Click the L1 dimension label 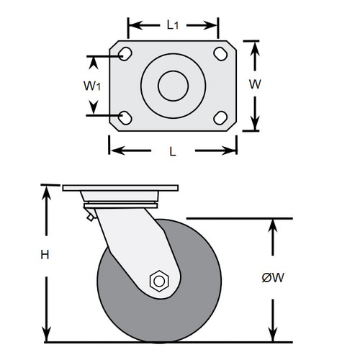coord(172,25)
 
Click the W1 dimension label coord(91,86)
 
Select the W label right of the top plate coord(254,84)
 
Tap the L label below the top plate coord(172,151)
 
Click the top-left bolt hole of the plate coord(125,54)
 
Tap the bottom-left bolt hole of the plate coord(125,117)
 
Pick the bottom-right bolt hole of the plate coord(220,117)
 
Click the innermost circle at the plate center coord(172,86)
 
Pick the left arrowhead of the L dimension coord(114,151)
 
